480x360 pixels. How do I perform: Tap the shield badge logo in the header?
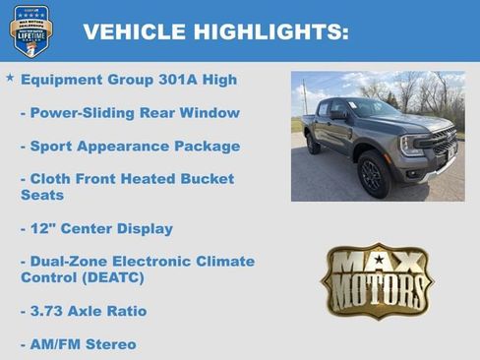(x=30, y=30)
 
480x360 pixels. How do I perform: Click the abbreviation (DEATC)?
(x=119, y=278)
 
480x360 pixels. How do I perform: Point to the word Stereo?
(x=112, y=344)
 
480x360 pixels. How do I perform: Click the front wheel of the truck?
(x=374, y=174)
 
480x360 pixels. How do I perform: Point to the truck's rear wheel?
(x=313, y=145)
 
